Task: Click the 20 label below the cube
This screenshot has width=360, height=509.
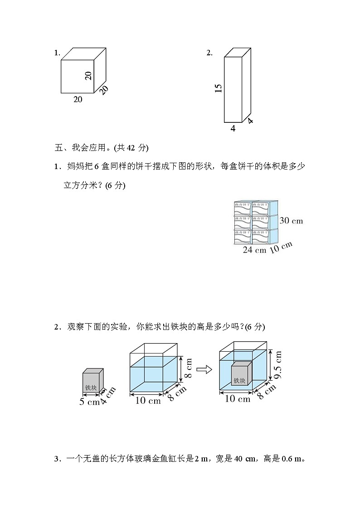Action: (78, 99)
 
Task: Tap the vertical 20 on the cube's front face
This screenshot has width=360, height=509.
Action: (88, 75)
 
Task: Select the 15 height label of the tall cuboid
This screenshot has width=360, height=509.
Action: (219, 88)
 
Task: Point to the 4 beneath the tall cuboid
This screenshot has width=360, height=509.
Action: (233, 128)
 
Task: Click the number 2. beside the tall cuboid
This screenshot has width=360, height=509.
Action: (209, 53)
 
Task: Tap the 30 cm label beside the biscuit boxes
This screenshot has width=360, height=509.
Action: (291, 221)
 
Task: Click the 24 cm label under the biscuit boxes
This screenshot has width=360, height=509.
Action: (254, 250)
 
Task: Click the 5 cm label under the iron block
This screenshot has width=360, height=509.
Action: (89, 401)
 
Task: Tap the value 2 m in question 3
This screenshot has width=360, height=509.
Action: (201, 459)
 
